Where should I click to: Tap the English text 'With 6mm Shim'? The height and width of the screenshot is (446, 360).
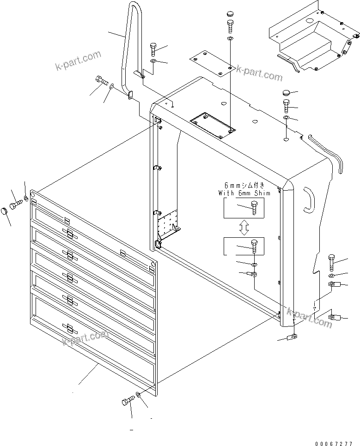[x=244, y=193]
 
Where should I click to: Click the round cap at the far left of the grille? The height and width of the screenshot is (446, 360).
[x=4, y=212]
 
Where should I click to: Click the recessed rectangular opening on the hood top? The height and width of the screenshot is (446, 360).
[x=211, y=124]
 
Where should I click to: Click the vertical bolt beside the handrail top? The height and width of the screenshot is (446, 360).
[x=153, y=48]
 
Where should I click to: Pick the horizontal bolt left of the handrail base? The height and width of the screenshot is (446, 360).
[x=101, y=81]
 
